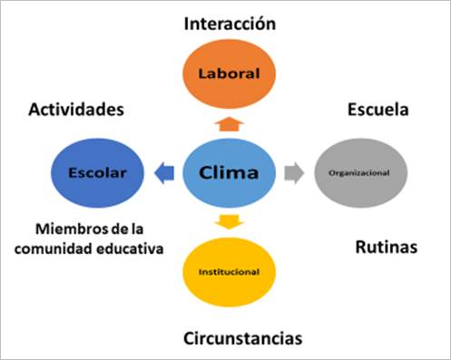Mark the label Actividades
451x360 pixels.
point(75,110)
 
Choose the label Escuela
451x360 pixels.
point(377,110)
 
